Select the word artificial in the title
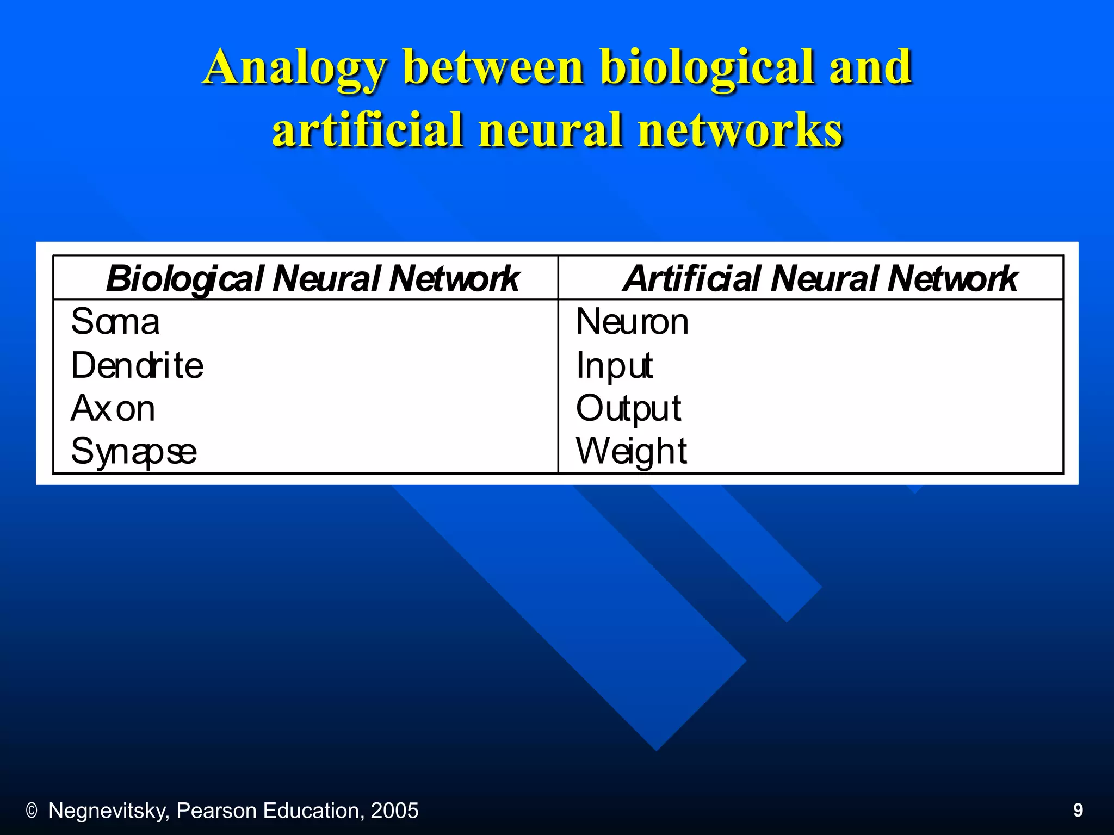367,130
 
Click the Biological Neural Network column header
312,278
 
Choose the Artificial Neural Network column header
820,278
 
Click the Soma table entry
115,321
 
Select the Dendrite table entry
137,365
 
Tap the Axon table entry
113,408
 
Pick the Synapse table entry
134,452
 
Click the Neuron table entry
632,321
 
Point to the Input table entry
614,365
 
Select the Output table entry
628,408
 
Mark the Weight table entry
631,451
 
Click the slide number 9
1078,811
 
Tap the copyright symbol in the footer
32,811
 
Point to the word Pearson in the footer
216,811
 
